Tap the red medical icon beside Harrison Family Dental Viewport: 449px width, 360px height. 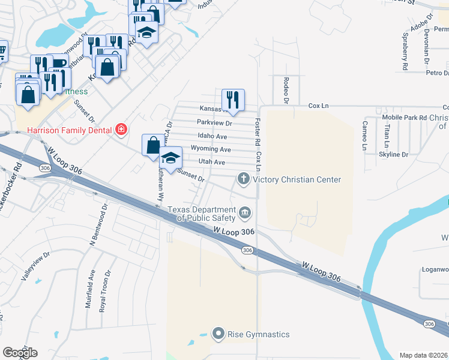[121, 130]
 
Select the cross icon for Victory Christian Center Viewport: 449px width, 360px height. [244, 178]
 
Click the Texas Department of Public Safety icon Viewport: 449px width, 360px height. [245, 212]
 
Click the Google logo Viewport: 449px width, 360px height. [20, 353]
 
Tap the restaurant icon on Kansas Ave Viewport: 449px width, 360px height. [233, 100]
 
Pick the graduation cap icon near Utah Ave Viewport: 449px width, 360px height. [171, 158]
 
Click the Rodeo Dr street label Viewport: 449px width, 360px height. [286, 89]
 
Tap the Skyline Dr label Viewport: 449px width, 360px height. [394, 155]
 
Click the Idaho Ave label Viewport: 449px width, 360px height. [212, 137]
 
